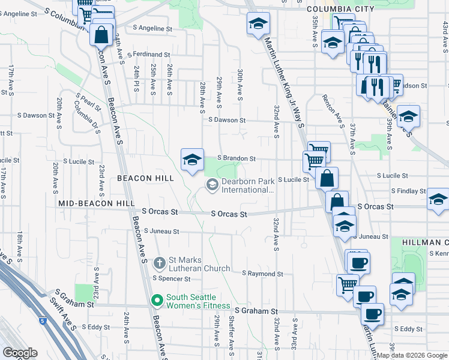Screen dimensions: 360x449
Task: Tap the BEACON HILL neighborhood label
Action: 145,178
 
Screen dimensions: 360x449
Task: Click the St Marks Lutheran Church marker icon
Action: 160,262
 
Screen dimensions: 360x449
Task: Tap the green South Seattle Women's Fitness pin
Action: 157,300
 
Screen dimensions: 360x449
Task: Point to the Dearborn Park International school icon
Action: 211,185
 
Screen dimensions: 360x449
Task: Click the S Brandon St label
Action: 237,158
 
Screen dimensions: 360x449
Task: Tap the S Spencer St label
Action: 171,278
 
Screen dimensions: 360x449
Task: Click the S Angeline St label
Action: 152,28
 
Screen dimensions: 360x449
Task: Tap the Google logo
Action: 20,353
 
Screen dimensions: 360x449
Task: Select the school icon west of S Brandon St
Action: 192,160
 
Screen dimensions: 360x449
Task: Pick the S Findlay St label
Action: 408,191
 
